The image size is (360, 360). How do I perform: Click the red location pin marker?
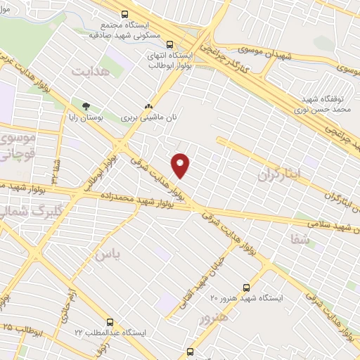[181, 165]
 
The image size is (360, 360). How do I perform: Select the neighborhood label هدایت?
[91, 71]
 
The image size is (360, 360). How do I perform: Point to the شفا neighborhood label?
[300, 239]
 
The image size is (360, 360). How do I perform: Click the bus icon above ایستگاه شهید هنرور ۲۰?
[246, 287]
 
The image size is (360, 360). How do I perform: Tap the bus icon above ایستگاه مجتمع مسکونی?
[125, 13]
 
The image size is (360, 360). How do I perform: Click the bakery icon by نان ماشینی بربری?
[148, 107]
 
